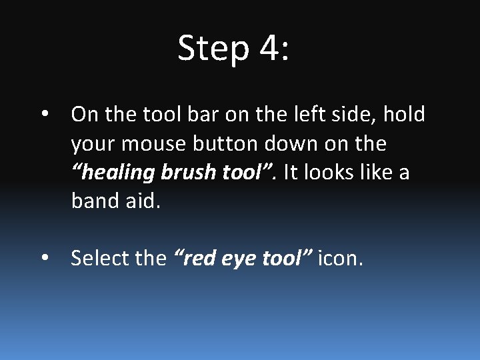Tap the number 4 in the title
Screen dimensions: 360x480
point(272,48)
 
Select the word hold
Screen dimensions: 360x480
point(403,115)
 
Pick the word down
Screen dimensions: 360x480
point(291,144)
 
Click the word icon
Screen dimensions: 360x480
point(340,257)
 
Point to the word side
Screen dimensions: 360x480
point(369,115)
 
